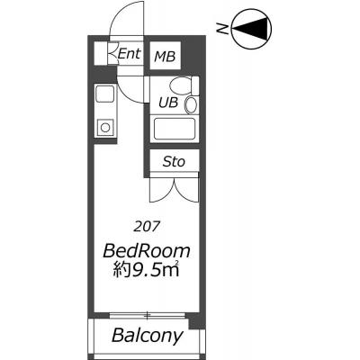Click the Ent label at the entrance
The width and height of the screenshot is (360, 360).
(x=130, y=54)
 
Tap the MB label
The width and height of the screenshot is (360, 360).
(x=165, y=57)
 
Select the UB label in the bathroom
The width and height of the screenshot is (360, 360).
(x=168, y=103)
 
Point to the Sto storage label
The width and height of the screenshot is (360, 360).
(x=174, y=162)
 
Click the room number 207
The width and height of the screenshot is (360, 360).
(x=146, y=227)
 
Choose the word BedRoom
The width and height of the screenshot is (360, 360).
(x=147, y=252)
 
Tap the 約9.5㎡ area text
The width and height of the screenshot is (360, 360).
(x=146, y=270)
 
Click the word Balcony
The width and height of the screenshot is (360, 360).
(x=147, y=335)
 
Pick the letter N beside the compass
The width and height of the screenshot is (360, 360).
(x=222, y=29)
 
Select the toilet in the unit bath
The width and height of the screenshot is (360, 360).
(x=184, y=85)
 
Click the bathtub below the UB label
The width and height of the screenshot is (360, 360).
(x=175, y=129)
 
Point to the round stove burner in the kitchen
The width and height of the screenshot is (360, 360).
(x=105, y=128)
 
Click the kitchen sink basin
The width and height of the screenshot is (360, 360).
(x=104, y=94)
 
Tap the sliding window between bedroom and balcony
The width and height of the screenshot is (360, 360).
(x=147, y=315)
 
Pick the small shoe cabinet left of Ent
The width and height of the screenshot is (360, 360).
(x=101, y=53)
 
